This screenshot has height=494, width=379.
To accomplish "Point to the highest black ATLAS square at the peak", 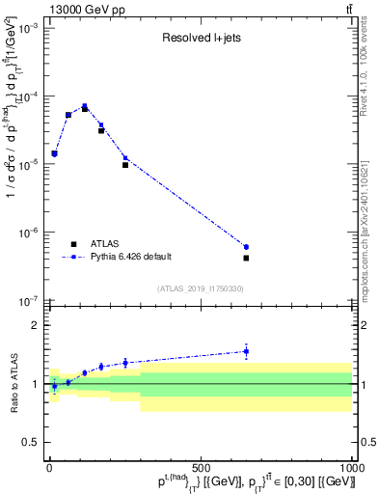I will [x=85, y=108].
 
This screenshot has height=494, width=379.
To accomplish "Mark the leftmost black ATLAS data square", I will [x=54, y=153].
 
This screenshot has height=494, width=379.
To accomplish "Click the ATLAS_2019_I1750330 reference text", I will [x=200, y=288].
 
